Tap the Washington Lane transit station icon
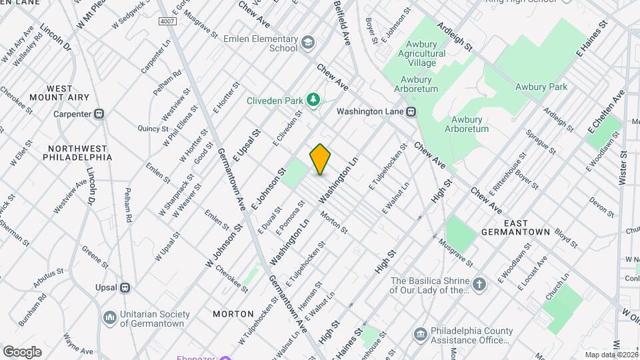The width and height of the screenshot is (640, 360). click(x=411, y=112)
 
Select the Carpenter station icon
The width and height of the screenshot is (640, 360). click(x=99, y=114)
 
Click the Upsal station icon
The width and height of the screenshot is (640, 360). click(x=124, y=288)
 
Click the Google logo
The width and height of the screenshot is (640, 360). click(x=22, y=351)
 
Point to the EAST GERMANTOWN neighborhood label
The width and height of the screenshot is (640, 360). click(x=517, y=232)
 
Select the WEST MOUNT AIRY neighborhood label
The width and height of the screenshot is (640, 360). click(x=68, y=93)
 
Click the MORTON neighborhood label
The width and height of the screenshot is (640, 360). click(x=233, y=313)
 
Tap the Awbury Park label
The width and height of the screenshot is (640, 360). click(x=541, y=87)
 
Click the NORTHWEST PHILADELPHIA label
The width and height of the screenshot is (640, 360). click(x=77, y=153)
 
